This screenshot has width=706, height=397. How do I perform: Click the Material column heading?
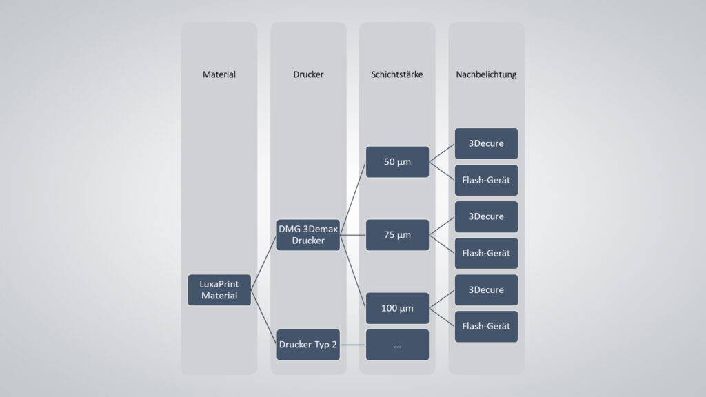pyautogui.click(x=219, y=74)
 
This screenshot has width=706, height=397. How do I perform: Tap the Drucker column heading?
pyautogui.click(x=308, y=74)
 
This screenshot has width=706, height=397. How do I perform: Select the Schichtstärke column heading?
pyautogui.click(x=397, y=74)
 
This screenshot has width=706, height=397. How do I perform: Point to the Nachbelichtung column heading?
pyautogui.click(x=486, y=74)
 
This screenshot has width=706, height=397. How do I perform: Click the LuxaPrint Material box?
pyautogui.click(x=219, y=289)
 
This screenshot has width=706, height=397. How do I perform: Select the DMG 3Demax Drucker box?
pyautogui.click(x=308, y=235)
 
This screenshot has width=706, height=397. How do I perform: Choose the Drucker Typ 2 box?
pyautogui.click(x=308, y=345)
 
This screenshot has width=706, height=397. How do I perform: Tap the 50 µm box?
pyautogui.click(x=397, y=162)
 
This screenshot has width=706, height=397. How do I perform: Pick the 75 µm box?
pyautogui.click(x=397, y=235)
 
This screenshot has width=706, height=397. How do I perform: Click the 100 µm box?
pyautogui.click(x=397, y=308)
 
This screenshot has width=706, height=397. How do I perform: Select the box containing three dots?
pyautogui.click(x=397, y=345)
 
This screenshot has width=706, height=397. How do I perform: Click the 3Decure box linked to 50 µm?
pyautogui.click(x=486, y=143)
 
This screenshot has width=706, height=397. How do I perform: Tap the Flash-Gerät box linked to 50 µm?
pyautogui.click(x=486, y=180)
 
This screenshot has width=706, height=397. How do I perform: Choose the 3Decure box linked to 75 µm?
pyautogui.click(x=486, y=216)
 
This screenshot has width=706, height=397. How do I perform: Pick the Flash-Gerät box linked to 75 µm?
pyautogui.click(x=486, y=253)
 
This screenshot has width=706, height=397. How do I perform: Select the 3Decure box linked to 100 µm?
pyautogui.click(x=486, y=289)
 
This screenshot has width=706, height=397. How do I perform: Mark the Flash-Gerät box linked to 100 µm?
pyautogui.click(x=486, y=326)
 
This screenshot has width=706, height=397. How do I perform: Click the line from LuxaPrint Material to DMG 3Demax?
pyautogui.click(x=263, y=263)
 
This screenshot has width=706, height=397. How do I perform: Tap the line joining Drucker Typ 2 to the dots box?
pyautogui.click(x=352, y=345)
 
